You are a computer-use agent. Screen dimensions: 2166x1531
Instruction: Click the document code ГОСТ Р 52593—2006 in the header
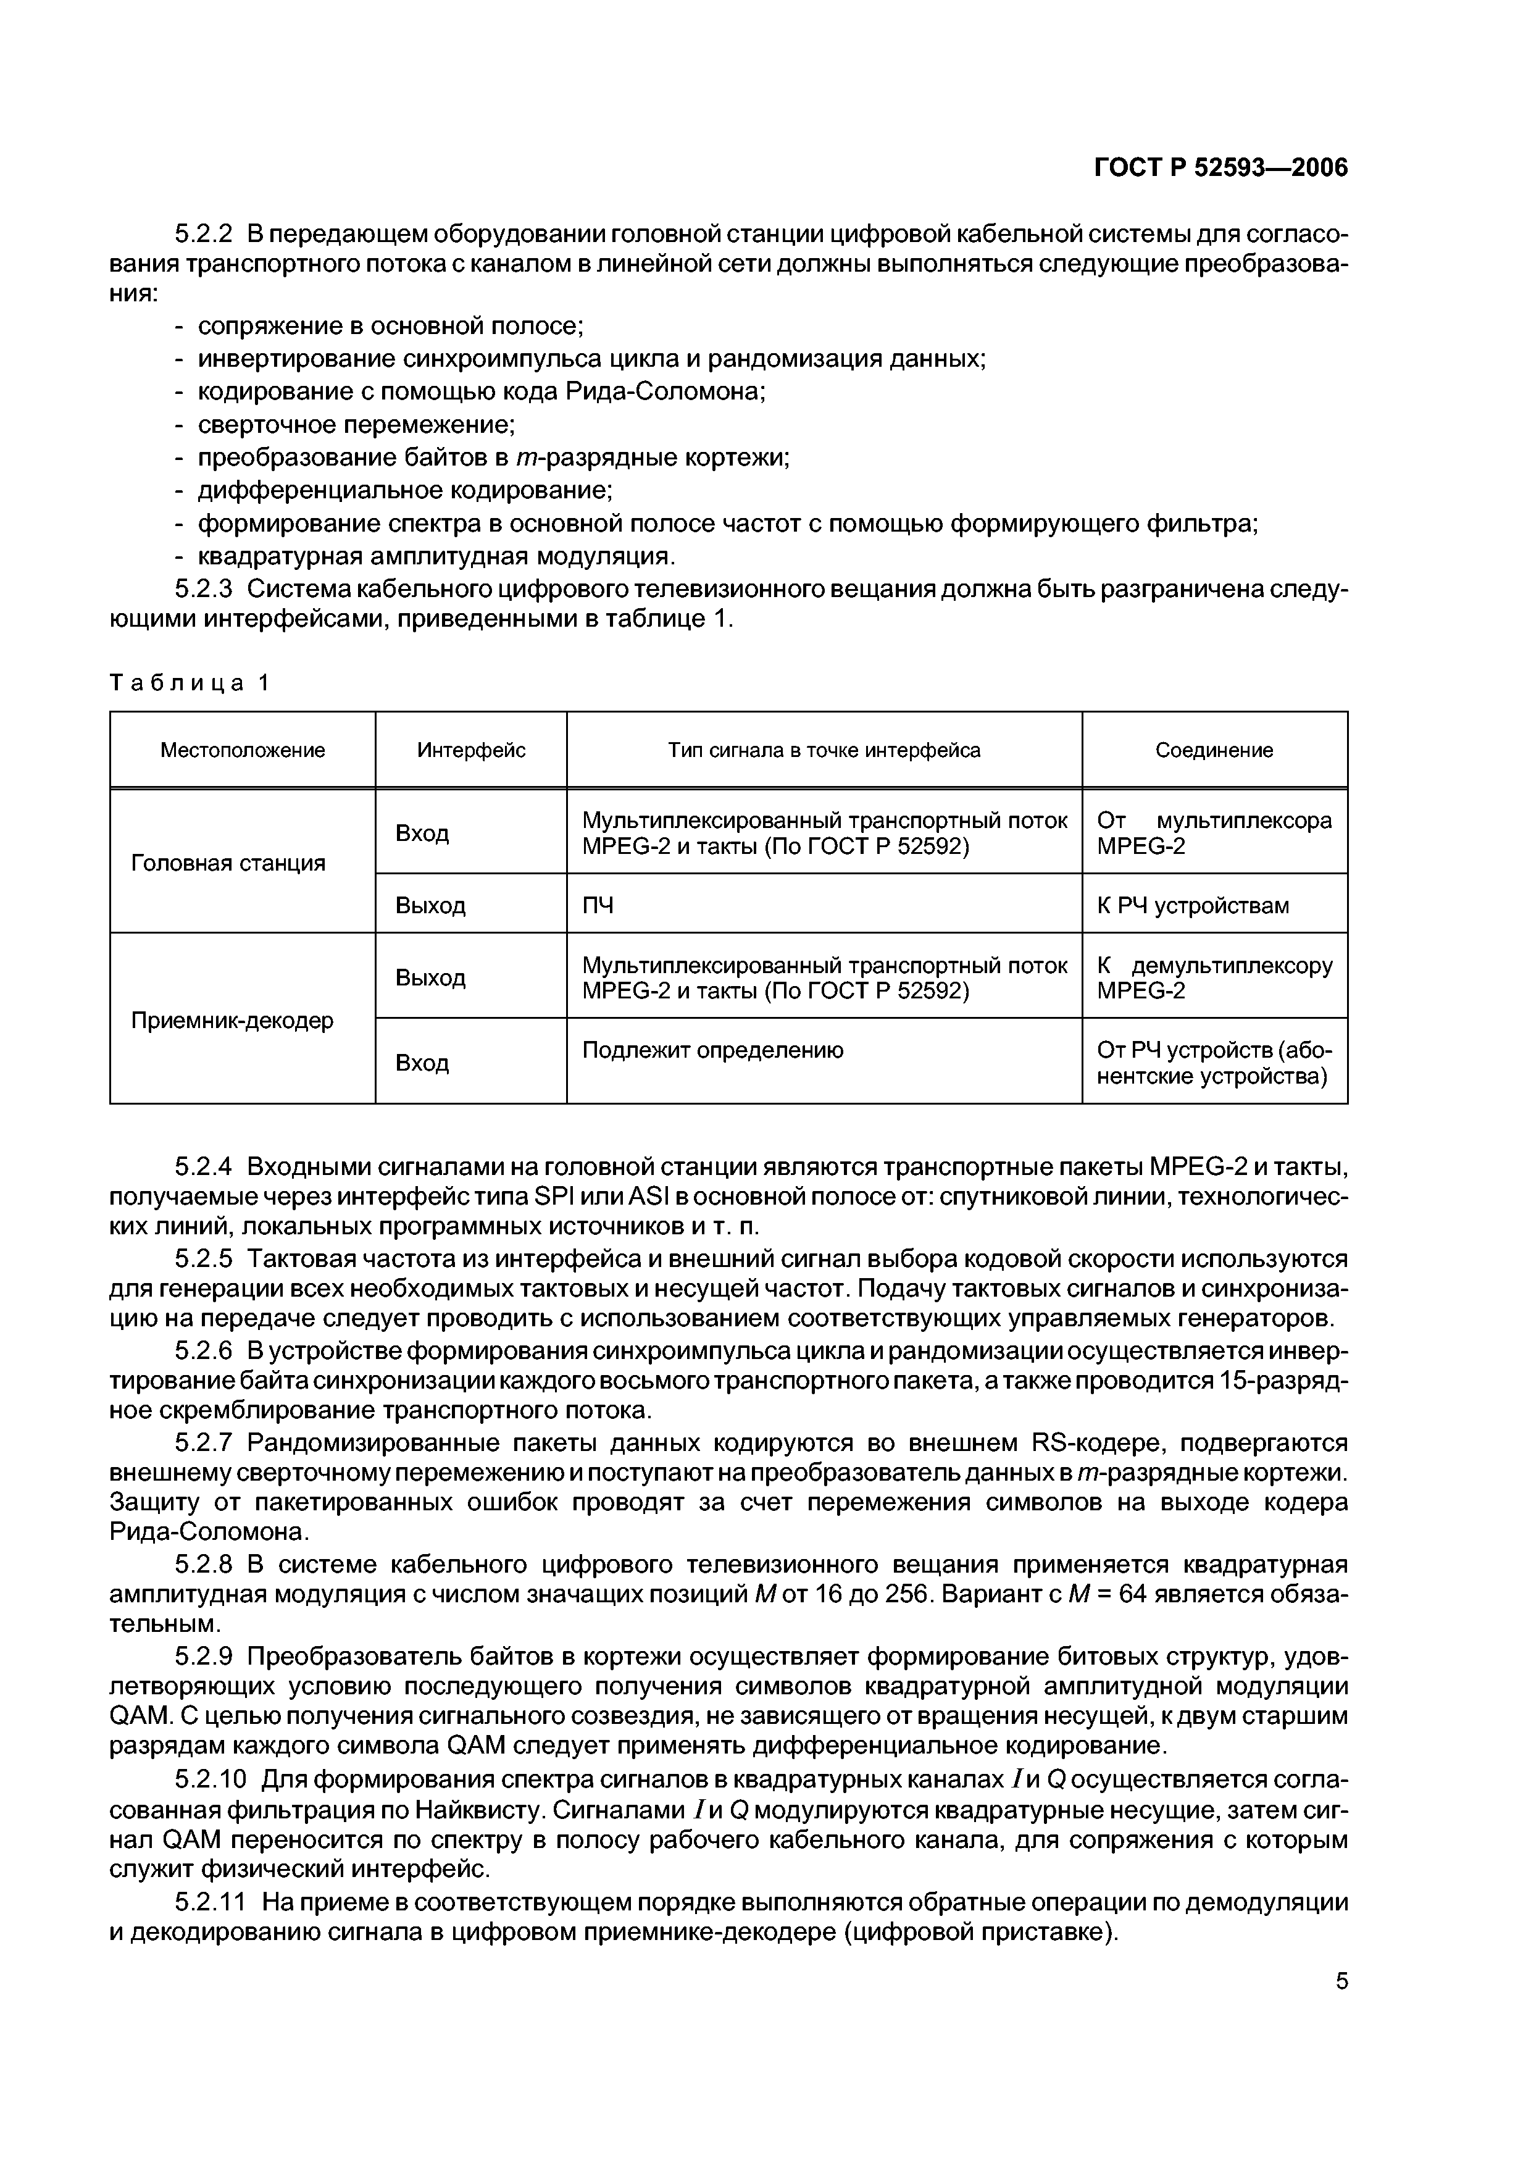click(x=1220, y=168)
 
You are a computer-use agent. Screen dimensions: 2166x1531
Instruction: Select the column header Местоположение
click(x=243, y=750)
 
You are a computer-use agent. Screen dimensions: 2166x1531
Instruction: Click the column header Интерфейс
click(x=470, y=750)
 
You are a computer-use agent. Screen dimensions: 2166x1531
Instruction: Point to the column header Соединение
click(x=1214, y=750)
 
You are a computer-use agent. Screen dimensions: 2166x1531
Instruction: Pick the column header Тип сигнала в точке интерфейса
click(x=824, y=750)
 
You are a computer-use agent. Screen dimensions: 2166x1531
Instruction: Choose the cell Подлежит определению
click(x=712, y=1050)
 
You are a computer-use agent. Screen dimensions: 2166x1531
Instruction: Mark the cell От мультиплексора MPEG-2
click(x=1214, y=833)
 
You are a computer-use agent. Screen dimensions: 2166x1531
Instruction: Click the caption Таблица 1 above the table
click(x=190, y=683)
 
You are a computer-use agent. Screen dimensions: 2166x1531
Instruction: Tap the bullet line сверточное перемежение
click(x=356, y=425)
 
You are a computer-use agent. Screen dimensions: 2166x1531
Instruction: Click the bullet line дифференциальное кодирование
click(x=405, y=490)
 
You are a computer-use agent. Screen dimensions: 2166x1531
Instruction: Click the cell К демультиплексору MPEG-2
click(x=1214, y=978)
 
